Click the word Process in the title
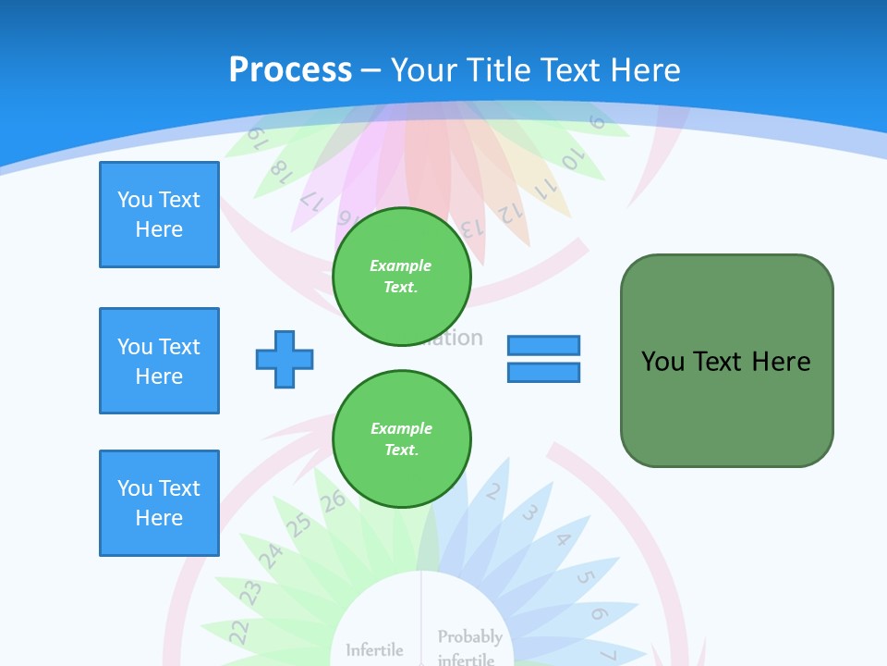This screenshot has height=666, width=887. (x=290, y=70)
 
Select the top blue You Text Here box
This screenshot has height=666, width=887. (x=159, y=215)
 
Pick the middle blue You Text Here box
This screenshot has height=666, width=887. (x=159, y=361)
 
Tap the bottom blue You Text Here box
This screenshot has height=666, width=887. (x=159, y=503)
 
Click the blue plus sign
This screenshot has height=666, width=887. (x=285, y=359)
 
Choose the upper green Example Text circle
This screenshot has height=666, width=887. (x=402, y=277)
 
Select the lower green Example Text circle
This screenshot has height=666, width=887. (x=402, y=439)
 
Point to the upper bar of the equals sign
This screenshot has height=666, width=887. (x=544, y=346)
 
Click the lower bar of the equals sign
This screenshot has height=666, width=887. (x=544, y=372)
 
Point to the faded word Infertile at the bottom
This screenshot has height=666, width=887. (x=374, y=650)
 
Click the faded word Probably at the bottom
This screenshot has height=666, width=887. (x=470, y=636)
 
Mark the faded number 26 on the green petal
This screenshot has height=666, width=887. (x=333, y=501)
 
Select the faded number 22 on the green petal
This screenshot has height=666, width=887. (x=238, y=631)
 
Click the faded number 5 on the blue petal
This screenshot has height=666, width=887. (x=584, y=579)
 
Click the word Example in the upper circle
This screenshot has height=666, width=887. (x=401, y=265)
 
